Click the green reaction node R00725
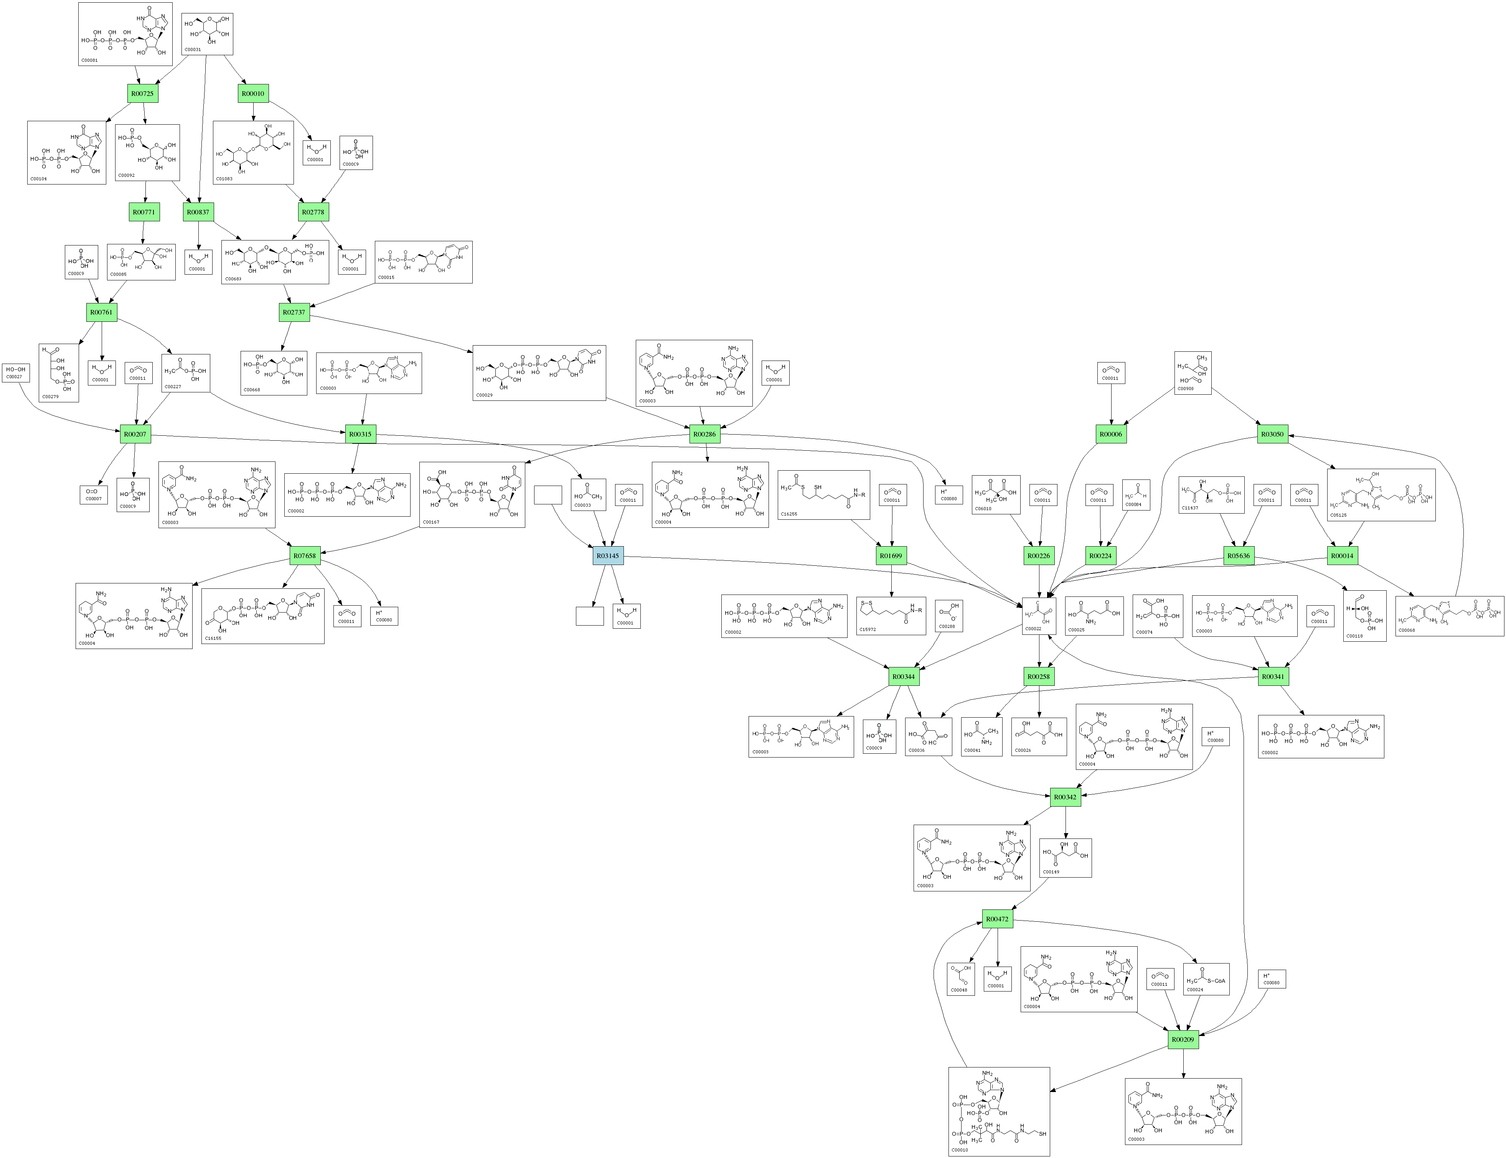[143, 94]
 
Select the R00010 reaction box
[253, 94]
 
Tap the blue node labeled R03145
[607, 555]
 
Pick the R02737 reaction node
[294, 312]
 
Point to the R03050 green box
[1272, 434]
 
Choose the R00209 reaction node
[1183, 1039]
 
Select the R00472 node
[997, 919]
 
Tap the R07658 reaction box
[305, 555]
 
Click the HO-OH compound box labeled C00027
[15, 373]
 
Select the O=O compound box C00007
[94, 494]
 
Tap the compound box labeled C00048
[960, 979]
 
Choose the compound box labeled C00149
[1066, 857]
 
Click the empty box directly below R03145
[590, 616]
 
